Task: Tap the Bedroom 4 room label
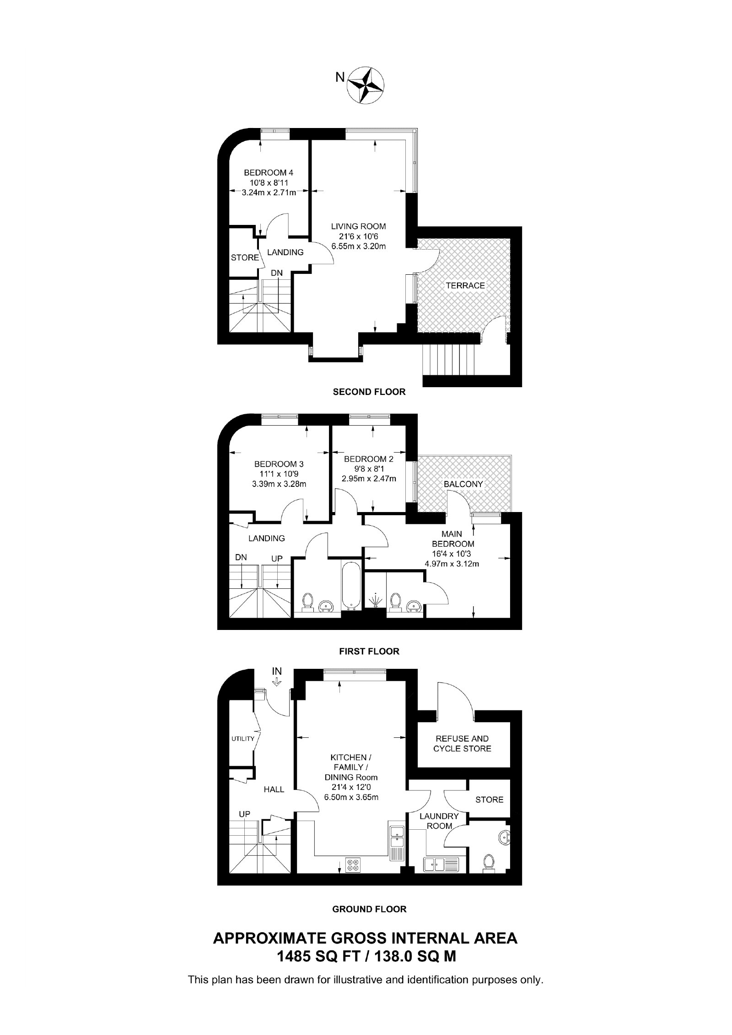pyautogui.click(x=269, y=172)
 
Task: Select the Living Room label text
pyautogui.click(x=359, y=226)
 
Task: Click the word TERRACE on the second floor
pyautogui.click(x=466, y=285)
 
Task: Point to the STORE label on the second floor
pyautogui.click(x=245, y=257)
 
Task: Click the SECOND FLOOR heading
pyautogui.click(x=369, y=392)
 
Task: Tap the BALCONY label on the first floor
pyautogui.click(x=463, y=484)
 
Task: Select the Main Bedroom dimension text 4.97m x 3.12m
pyautogui.click(x=452, y=564)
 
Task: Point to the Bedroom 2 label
pyautogui.click(x=369, y=459)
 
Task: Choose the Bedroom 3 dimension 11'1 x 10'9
pyautogui.click(x=279, y=474)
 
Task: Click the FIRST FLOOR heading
pyautogui.click(x=369, y=651)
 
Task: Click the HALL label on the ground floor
pyautogui.click(x=274, y=790)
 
